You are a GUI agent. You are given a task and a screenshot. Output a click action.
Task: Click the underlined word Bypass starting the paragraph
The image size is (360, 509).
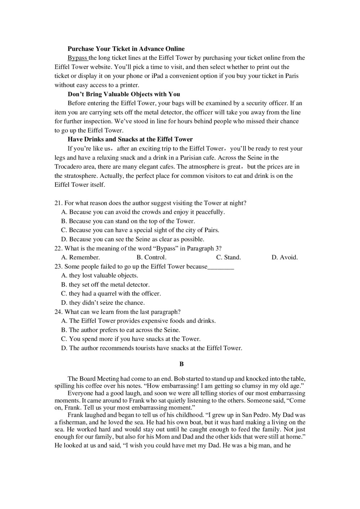point(77,58)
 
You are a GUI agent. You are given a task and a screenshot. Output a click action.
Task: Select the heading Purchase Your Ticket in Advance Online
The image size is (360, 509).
point(126,49)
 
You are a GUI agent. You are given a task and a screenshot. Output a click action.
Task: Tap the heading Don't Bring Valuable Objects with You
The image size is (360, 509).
point(124,94)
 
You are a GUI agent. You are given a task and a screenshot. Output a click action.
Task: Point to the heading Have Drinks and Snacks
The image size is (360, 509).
point(130,139)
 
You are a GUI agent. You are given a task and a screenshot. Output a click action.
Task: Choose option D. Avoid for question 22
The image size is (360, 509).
point(284,257)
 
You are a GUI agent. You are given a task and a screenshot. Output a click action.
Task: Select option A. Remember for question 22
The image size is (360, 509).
point(81,257)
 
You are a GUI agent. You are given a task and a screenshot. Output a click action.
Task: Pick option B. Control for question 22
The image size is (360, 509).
point(151,257)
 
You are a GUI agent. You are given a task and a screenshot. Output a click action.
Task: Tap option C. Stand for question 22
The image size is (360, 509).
point(228,257)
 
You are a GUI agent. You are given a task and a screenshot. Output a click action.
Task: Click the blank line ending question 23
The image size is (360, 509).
point(221,267)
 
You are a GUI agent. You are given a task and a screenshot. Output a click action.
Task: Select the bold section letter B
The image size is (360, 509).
point(181,364)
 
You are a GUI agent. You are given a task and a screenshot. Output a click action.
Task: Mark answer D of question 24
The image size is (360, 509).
point(152,348)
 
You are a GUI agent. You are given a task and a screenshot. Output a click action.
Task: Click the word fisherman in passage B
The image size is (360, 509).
point(72,422)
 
